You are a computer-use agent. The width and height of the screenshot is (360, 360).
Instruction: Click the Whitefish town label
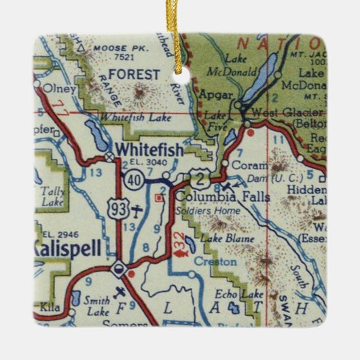pos(149,150)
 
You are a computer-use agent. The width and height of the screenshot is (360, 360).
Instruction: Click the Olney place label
pos(52,88)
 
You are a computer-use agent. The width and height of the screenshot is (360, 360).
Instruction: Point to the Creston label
pos(215,261)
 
